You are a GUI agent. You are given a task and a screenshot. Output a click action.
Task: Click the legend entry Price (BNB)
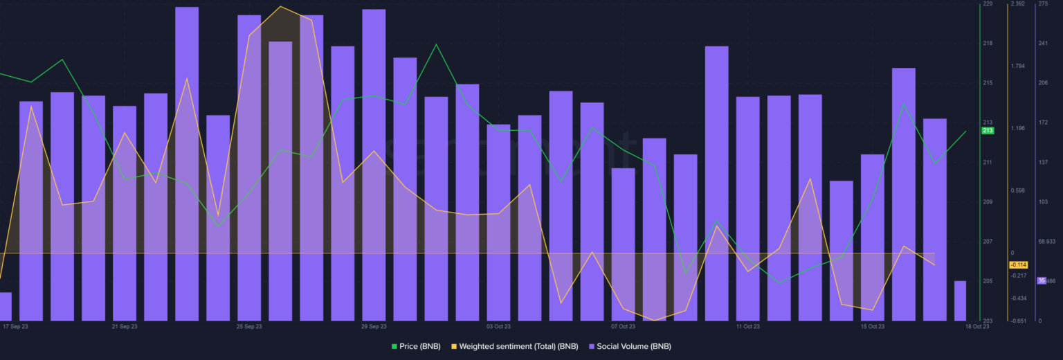click(415, 346)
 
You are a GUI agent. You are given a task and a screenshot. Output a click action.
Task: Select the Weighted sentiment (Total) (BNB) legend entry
click(514, 346)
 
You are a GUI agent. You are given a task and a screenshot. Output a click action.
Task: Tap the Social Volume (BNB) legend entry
click(629, 346)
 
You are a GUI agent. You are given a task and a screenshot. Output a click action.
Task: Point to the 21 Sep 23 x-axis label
click(124, 326)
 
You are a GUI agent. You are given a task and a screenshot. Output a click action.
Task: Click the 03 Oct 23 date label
click(498, 326)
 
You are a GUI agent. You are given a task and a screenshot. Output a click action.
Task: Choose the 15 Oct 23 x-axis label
click(872, 326)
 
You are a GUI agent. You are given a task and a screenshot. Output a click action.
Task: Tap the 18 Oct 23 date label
click(977, 326)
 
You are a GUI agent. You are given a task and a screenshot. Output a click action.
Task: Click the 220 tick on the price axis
click(988, 4)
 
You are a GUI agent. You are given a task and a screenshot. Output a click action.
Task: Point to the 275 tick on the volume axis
click(1043, 4)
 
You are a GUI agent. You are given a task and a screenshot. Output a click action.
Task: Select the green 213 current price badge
click(988, 131)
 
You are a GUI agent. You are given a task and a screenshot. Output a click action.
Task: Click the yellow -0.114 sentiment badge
click(1018, 264)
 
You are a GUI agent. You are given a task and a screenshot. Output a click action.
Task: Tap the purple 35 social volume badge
click(1041, 280)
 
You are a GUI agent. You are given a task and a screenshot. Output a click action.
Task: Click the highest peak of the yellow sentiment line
click(280, 7)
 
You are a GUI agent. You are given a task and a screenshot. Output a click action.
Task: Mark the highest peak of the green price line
click(436, 45)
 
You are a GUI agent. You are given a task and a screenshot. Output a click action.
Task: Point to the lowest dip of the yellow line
click(654, 320)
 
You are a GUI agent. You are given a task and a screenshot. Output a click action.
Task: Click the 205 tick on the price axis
click(988, 281)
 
